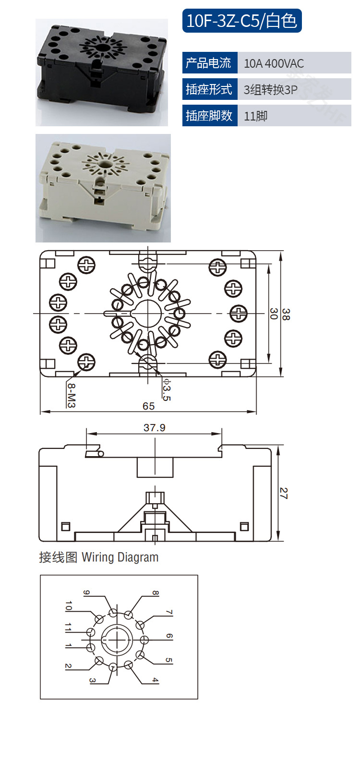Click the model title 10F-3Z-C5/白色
coord(242,21)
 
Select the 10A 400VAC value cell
coord(294,63)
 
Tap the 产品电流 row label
coord(210,63)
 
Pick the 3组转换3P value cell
coord(294,89)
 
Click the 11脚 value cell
coord(294,116)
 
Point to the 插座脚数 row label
coord(210,116)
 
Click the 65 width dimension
coord(148,406)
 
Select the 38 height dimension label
coord(286,314)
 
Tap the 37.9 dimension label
coord(155,428)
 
